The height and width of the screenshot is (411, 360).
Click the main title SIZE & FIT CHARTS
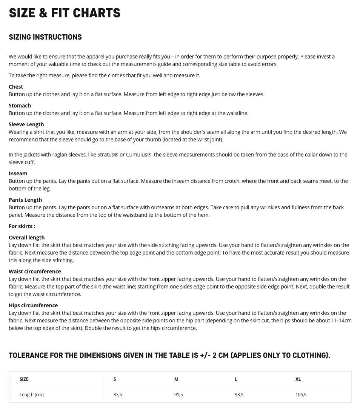(65, 13)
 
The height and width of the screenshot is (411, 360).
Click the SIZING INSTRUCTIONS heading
(45, 37)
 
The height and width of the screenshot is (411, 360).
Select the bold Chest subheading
(16, 87)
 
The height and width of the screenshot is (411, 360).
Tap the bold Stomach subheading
(20, 106)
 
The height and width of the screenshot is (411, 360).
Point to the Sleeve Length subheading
(26, 124)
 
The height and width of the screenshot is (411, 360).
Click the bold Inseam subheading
(18, 173)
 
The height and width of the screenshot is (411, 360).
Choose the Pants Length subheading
(25, 200)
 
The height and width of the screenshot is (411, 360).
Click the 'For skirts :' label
(22, 226)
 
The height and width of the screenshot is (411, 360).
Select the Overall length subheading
(26, 238)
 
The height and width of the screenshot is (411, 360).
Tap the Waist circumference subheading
(35, 271)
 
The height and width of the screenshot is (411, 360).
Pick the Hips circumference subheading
(33, 305)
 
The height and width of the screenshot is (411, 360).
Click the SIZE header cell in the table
(24, 379)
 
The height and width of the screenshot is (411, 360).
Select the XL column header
(298, 379)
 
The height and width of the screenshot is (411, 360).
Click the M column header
(176, 379)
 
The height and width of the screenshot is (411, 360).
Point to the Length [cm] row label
(32, 395)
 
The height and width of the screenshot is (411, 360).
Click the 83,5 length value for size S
(118, 395)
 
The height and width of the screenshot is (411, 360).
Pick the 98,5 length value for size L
(239, 395)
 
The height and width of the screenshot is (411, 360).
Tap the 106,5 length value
(301, 395)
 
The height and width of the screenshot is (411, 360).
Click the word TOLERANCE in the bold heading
(28, 355)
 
